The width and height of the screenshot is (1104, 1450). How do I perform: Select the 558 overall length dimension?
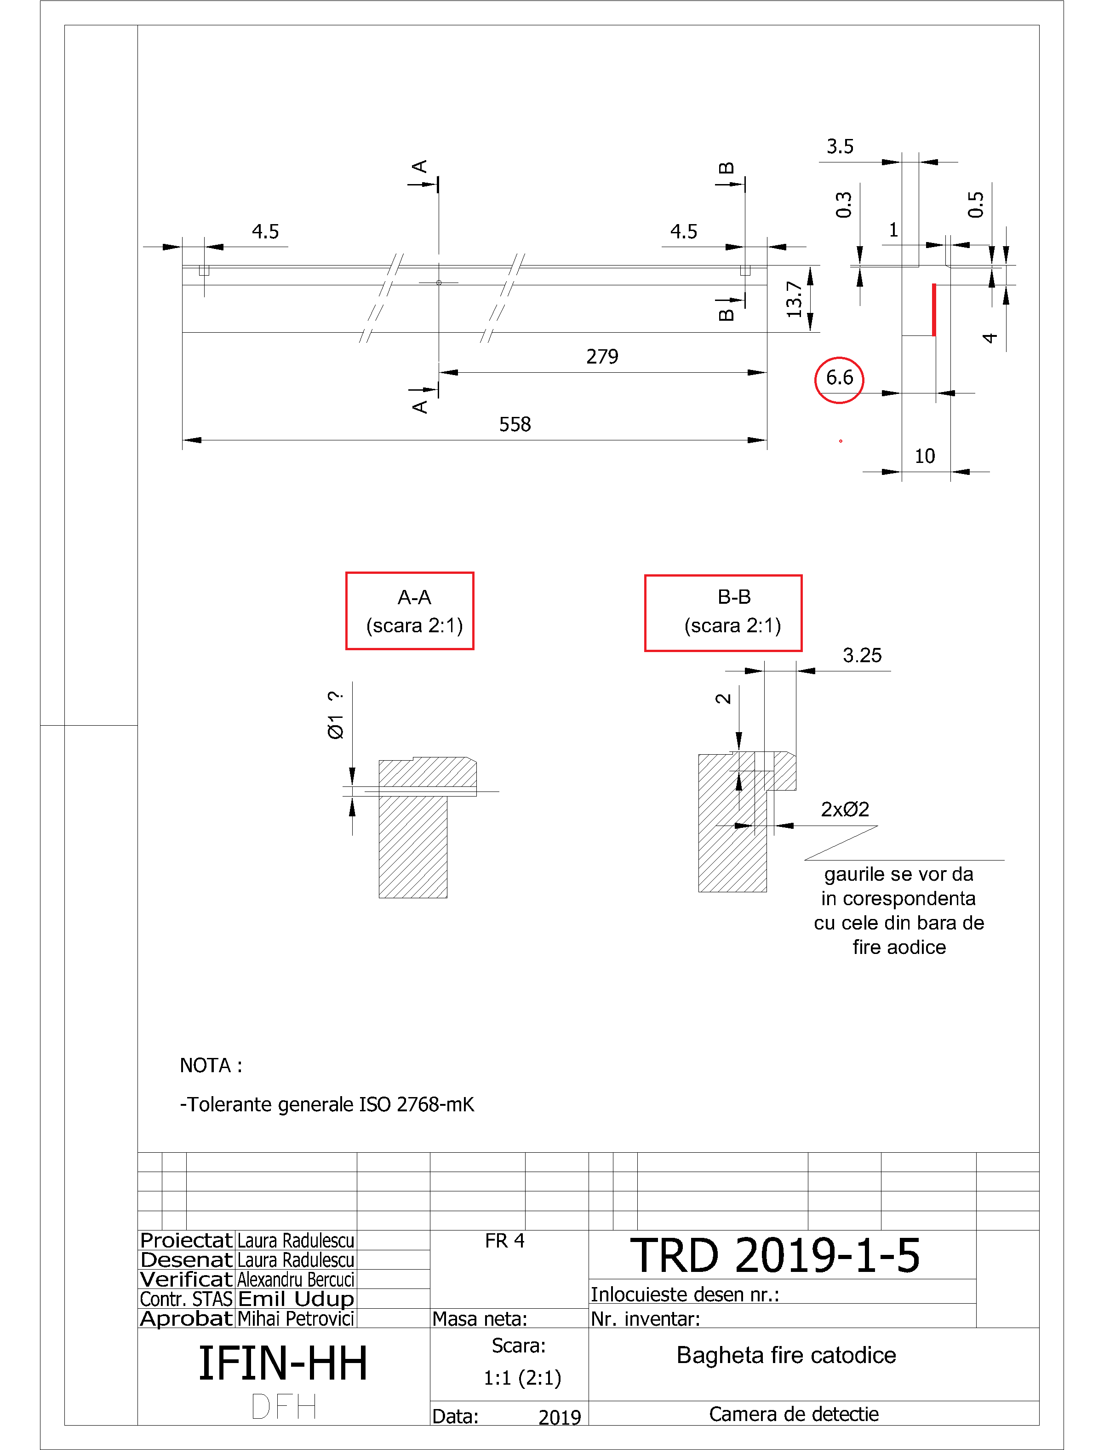pos(515,425)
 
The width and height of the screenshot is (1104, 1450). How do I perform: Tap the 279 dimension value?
pos(602,357)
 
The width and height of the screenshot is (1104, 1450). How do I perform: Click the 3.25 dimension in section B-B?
pos(862,656)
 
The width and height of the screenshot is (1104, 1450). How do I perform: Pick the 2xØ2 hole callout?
pos(845,809)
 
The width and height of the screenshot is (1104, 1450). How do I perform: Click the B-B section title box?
pos(723,613)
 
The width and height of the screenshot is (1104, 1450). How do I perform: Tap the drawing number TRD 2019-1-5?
pos(775,1255)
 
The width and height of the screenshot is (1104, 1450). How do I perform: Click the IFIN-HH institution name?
pos(283,1364)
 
